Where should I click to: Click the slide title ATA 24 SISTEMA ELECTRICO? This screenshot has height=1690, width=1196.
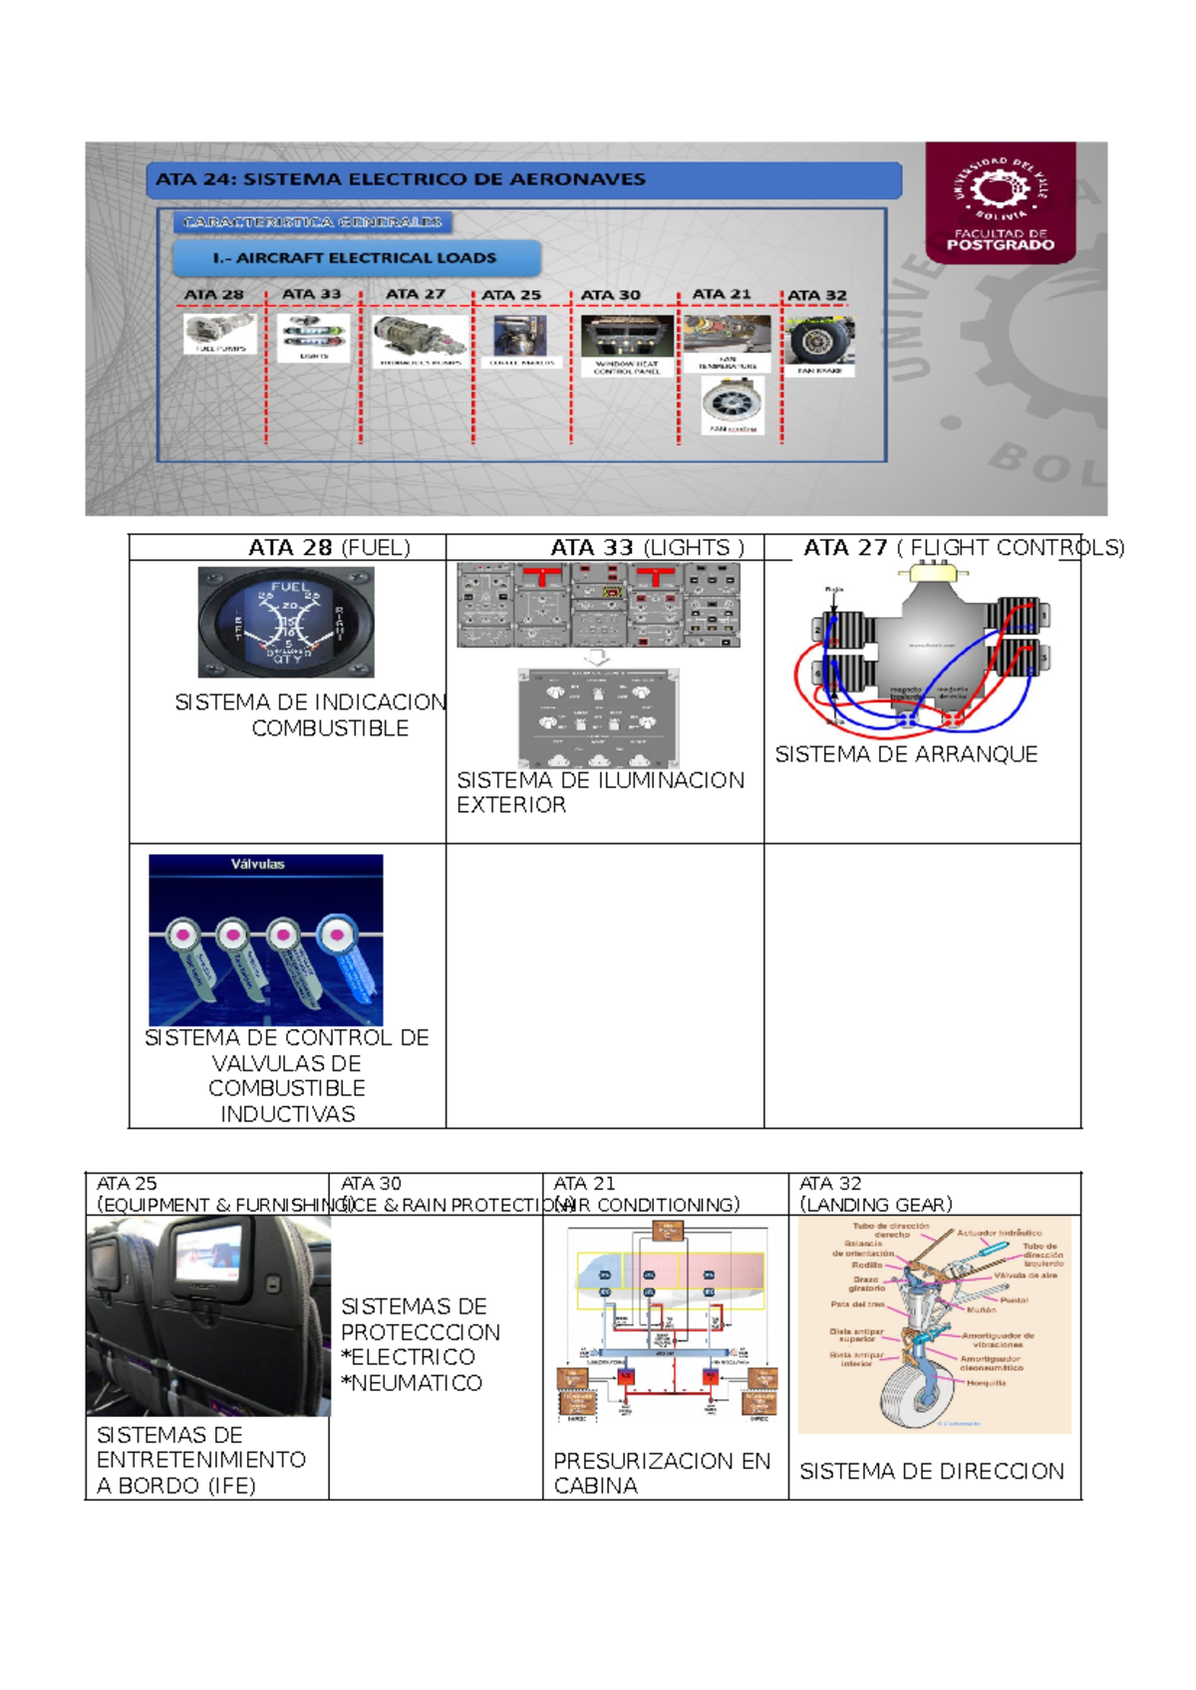(x=401, y=180)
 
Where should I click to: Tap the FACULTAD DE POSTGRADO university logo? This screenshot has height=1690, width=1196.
(x=1000, y=202)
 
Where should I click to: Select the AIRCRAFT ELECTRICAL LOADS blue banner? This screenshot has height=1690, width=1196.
(x=355, y=258)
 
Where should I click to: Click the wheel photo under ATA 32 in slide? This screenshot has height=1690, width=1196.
(x=818, y=342)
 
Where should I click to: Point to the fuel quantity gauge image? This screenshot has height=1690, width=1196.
(x=286, y=623)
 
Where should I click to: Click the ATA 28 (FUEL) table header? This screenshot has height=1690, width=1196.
(x=329, y=548)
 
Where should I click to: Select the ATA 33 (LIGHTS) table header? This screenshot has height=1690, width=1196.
(x=647, y=548)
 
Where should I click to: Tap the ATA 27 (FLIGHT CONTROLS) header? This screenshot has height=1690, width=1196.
(x=963, y=548)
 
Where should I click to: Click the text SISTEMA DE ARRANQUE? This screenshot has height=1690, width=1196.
(x=906, y=755)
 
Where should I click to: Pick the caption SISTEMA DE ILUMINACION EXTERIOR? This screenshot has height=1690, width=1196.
(x=599, y=792)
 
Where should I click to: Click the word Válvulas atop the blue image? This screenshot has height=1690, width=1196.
(x=257, y=865)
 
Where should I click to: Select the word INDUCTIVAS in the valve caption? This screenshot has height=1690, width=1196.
(x=287, y=1114)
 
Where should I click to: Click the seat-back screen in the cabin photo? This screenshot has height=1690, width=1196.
(x=208, y=1255)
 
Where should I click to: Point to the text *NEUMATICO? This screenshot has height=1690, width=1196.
(x=411, y=1383)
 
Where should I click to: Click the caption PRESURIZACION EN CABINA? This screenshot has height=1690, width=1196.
(x=661, y=1473)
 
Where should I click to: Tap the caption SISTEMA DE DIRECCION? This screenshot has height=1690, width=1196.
(x=931, y=1472)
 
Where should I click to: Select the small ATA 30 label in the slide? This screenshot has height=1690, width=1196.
(x=610, y=295)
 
